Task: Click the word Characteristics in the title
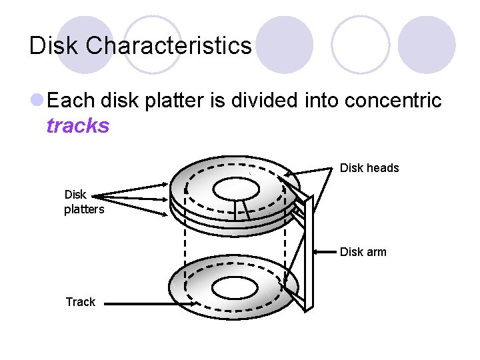point(169,45)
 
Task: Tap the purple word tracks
point(78,125)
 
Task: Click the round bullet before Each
point(37,101)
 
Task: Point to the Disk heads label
point(369,168)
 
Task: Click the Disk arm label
point(363,252)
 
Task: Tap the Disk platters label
point(83,202)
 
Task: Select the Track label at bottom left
point(81,302)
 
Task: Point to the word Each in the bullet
point(73,101)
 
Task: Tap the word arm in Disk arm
point(375,252)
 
